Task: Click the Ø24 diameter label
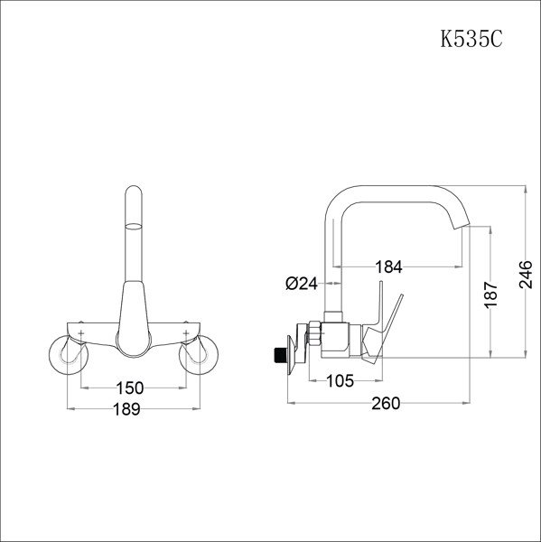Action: click(x=301, y=284)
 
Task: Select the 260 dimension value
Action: click(x=385, y=404)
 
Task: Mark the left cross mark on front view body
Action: click(x=82, y=335)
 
